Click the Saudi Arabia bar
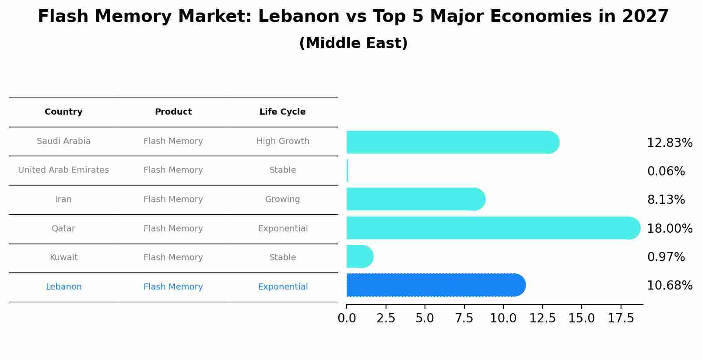click(x=453, y=142)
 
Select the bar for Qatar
click(x=493, y=228)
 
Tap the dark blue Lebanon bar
click(x=435, y=285)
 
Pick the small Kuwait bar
click(x=359, y=256)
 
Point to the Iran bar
click(x=415, y=199)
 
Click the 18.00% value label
click(x=670, y=228)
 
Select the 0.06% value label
click(x=666, y=171)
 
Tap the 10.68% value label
click(x=670, y=286)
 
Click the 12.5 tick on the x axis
click(x=542, y=318)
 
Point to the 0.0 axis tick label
click(x=347, y=318)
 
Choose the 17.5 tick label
click(x=621, y=318)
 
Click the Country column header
click(x=63, y=112)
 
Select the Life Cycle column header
click(x=282, y=112)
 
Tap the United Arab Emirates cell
click(x=63, y=170)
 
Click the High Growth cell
click(x=283, y=141)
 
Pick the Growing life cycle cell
click(x=282, y=199)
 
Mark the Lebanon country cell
click(x=63, y=287)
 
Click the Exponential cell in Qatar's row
click(x=283, y=229)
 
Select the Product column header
click(x=173, y=112)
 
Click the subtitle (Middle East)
click(x=353, y=43)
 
